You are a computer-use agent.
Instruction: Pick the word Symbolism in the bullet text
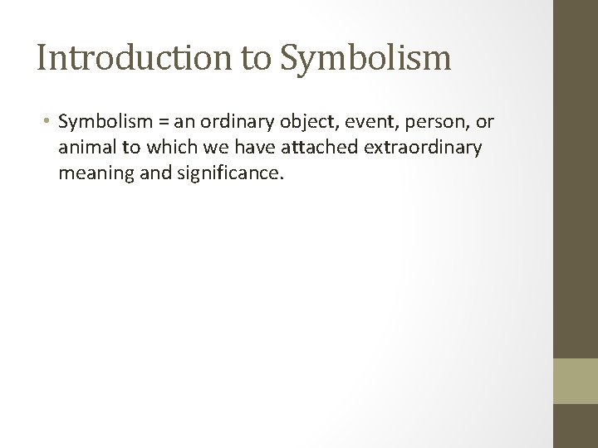105,124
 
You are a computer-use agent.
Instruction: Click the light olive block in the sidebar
576,380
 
